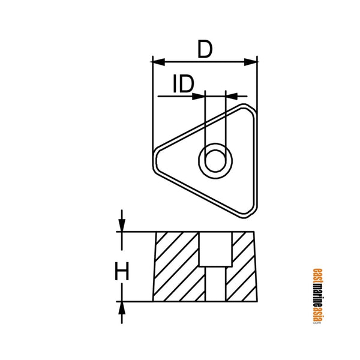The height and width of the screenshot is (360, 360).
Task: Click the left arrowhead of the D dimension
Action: (158, 60)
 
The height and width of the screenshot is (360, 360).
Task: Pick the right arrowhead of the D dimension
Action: (253, 60)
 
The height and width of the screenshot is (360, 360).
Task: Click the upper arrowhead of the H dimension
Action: (122, 226)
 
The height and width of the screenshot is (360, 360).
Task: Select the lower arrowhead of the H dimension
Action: (122, 307)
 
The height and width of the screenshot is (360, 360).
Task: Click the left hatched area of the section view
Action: (176, 266)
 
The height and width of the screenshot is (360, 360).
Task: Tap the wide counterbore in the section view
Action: (215, 249)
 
